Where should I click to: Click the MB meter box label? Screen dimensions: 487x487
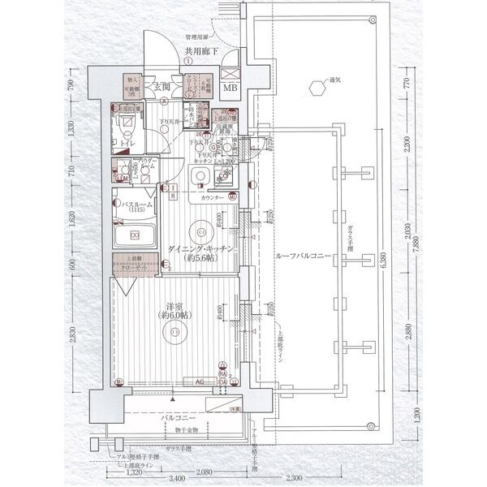tap(231, 88)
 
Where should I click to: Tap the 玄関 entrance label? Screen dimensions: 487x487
tap(160, 87)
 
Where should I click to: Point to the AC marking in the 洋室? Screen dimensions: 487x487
tap(197, 380)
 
